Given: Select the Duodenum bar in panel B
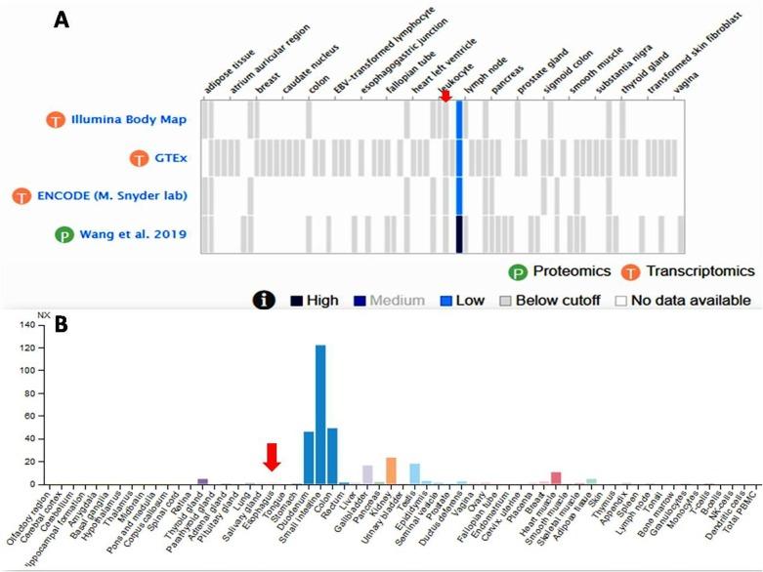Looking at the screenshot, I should coord(309,458).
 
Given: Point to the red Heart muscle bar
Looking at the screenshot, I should coord(556,477).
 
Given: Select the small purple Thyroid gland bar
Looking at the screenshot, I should coord(202,480).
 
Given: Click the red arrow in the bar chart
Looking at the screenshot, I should coord(273,456).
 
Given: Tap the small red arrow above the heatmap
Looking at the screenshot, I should coord(445,96).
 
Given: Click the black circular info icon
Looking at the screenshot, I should coord(263,300).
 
